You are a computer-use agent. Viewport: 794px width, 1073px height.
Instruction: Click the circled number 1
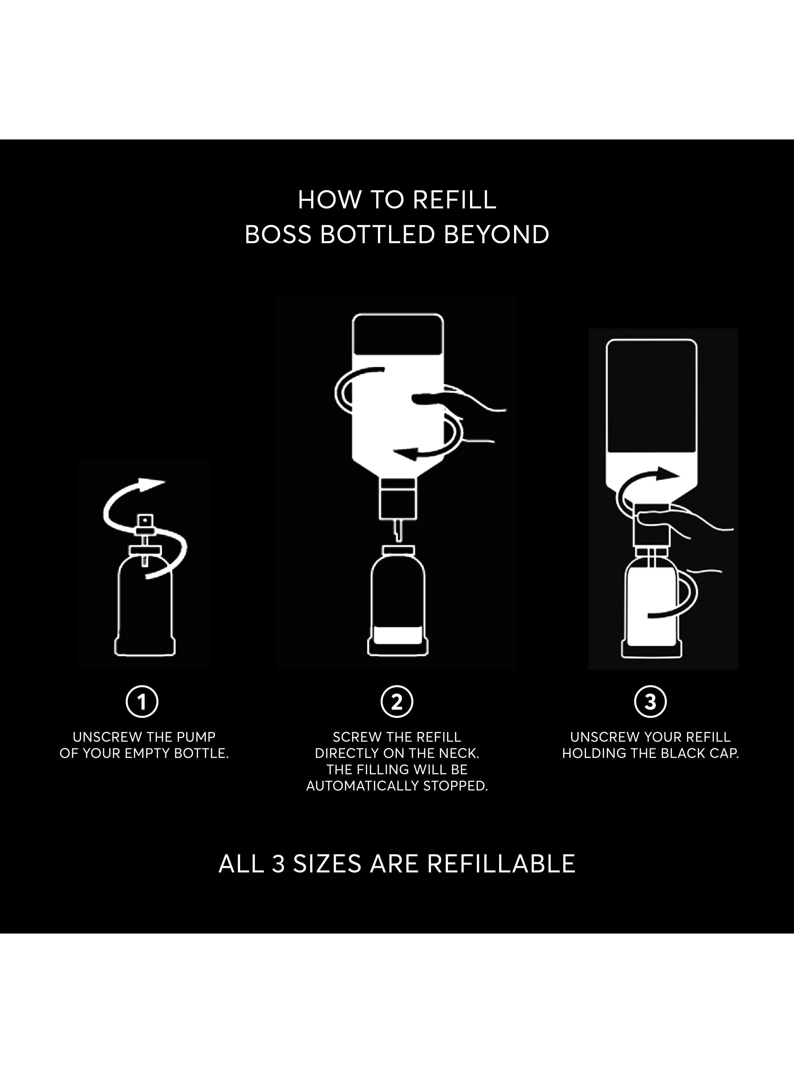[x=142, y=702]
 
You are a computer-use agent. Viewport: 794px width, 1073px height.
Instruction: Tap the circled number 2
[x=397, y=702]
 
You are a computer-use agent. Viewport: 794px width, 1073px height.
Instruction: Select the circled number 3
[x=650, y=702]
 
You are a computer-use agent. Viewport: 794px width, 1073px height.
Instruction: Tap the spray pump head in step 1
[x=145, y=521]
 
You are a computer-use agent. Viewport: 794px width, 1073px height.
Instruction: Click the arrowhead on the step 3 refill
[x=670, y=473]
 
